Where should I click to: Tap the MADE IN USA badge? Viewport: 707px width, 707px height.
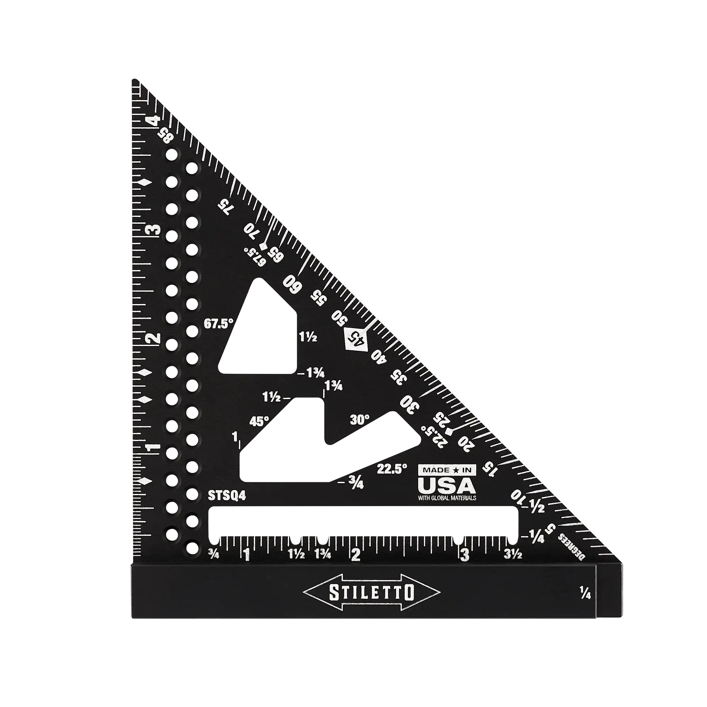[447, 483]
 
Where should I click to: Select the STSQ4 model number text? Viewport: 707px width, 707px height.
[227, 496]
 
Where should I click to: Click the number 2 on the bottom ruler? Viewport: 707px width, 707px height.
[356, 555]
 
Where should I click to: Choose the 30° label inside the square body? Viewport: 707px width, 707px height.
[360, 420]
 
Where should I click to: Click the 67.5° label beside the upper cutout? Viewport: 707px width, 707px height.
[218, 324]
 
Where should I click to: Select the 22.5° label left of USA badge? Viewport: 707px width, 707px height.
[392, 469]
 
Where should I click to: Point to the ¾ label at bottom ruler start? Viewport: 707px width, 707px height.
[214, 555]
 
